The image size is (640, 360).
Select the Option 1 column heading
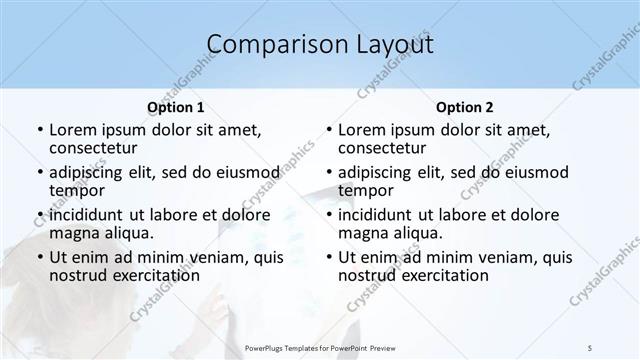tap(176, 107)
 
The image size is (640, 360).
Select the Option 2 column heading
tap(465, 107)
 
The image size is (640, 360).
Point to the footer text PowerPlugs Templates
tap(289, 347)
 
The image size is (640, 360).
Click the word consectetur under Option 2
tap(380, 148)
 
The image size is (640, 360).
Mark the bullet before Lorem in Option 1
tap(39, 130)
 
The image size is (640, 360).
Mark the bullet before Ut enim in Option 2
tap(328, 257)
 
